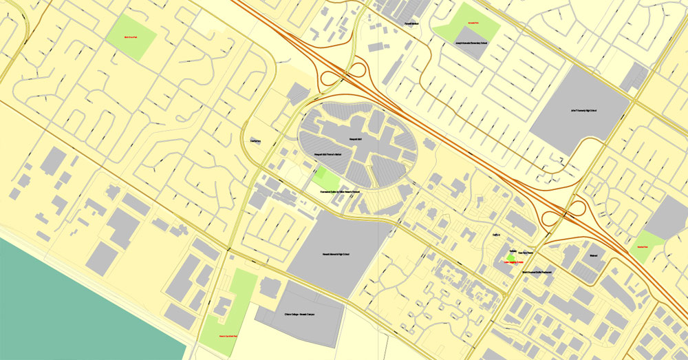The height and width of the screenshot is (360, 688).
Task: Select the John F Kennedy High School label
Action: pyautogui.click(x=583, y=110)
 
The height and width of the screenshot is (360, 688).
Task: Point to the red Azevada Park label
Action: pyautogui.click(x=472, y=23)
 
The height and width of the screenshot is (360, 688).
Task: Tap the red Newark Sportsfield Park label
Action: pyautogui.click(x=228, y=336)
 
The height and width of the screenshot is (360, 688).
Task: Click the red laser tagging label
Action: pyautogui.click(x=519, y=262)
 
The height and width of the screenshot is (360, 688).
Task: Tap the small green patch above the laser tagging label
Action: pyautogui.click(x=511, y=257)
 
